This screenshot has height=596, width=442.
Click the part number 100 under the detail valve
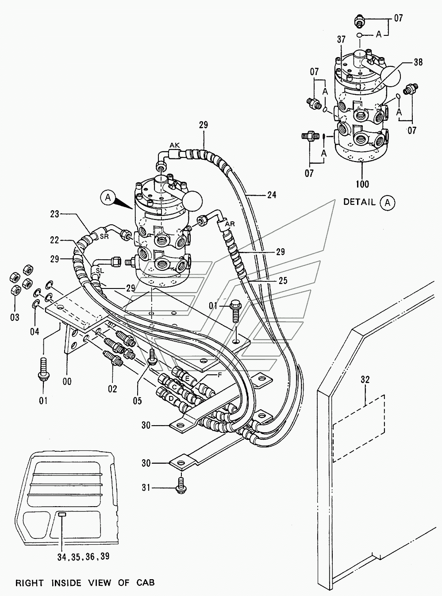click(362, 185)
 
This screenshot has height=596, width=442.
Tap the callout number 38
click(418, 62)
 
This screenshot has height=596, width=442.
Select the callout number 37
click(341, 39)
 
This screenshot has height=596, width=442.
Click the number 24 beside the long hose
click(272, 195)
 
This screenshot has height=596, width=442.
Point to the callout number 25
click(283, 281)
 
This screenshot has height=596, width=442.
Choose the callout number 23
click(55, 215)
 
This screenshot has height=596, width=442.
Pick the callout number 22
click(54, 240)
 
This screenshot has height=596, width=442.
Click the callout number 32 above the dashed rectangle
click(365, 380)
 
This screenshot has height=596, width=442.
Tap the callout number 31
click(146, 488)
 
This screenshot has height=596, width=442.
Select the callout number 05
click(137, 401)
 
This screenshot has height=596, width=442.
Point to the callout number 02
click(112, 389)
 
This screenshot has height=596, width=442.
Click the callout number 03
click(15, 317)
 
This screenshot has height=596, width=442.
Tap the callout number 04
click(35, 332)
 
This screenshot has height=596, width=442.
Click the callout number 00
click(67, 381)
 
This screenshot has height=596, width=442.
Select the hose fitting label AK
click(174, 146)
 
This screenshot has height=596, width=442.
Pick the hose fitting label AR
click(230, 224)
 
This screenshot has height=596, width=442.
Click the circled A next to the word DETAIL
click(387, 203)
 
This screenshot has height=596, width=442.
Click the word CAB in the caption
click(146, 583)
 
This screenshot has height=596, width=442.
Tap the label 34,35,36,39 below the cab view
click(83, 556)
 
